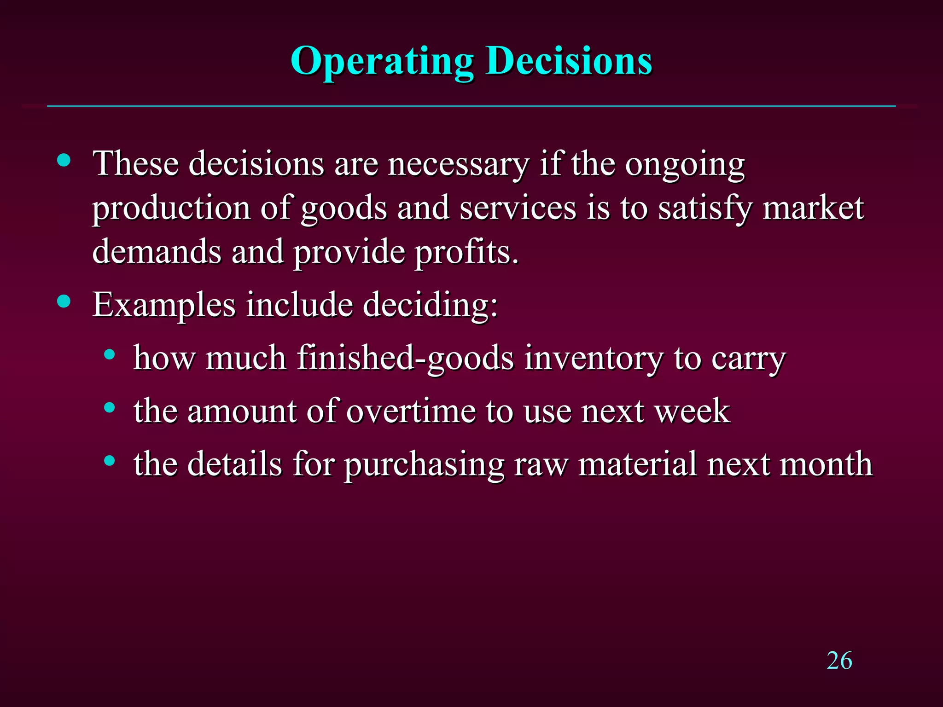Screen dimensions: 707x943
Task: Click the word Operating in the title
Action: (x=382, y=61)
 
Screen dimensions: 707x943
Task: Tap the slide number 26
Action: (x=839, y=661)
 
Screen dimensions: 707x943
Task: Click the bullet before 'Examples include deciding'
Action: (x=64, y=301)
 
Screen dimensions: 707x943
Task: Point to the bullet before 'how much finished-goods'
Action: (x=109, y=354)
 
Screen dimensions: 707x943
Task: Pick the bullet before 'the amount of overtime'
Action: (x=109, y=407)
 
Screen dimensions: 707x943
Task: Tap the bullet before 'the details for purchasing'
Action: (x=109, y=460)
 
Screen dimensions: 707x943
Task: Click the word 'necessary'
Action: (x=458, y=164)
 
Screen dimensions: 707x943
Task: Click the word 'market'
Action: (x=813, y=209)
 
